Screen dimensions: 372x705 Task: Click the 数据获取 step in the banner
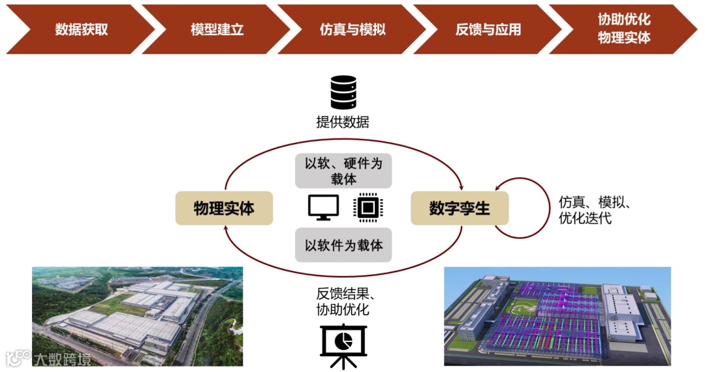(x=81, y=30)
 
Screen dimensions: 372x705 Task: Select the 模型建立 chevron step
(x=217, y=30)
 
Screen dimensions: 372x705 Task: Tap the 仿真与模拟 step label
(x=352, y=30)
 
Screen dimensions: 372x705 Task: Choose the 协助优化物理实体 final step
(x=623, y=29)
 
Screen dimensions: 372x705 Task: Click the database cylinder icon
(x=343, y=92)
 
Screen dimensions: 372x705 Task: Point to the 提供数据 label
(x=343, y=122)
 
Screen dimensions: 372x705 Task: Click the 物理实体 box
(x=224, y=208)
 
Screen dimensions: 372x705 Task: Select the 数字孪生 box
(x=459, y=208)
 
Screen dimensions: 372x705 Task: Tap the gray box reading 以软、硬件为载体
(x=343, y=171)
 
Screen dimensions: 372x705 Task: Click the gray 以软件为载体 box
(x=343, y=245)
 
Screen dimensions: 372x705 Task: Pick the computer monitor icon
(x=323, y=207)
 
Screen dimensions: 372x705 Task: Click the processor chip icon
(x=367, y=207)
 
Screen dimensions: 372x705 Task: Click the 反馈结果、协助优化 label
(x=343, y=301)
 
